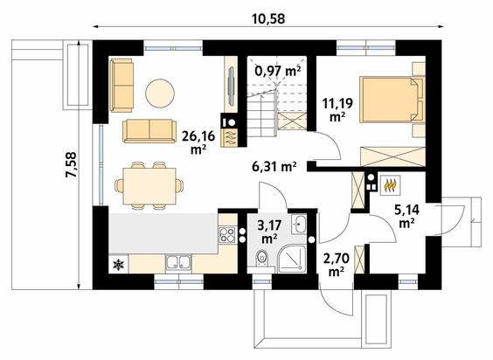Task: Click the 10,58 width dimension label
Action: click(x=268, y=18)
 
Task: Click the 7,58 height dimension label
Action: click(x=71, y=165)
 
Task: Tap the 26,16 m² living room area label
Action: click(x=198, y=142)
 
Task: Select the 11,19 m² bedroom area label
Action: click(x=337, y=109)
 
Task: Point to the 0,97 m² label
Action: click(x=278, y=71)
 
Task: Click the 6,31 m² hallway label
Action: click(x=274, y=167)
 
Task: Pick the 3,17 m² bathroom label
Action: click(x=269, y=232)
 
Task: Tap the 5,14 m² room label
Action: click(x=406, y=216)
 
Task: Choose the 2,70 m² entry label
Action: click(x=337, y=265)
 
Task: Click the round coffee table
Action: click(x=160, y=93)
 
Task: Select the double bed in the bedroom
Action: click(x=392, y=100)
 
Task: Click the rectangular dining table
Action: click(x=149, y=186)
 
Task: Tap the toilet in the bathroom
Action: click(x=261, y=258)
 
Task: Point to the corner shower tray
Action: click(x=292, y=260)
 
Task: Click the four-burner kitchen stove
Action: click(x=227, y=234)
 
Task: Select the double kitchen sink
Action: click(x=178, y=262)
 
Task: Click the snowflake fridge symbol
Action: click(x=119, y=265)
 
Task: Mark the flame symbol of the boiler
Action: click(x=390, y=185)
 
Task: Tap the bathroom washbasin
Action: click(x=299, y=225)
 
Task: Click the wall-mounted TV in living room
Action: click(x=231, y=87)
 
